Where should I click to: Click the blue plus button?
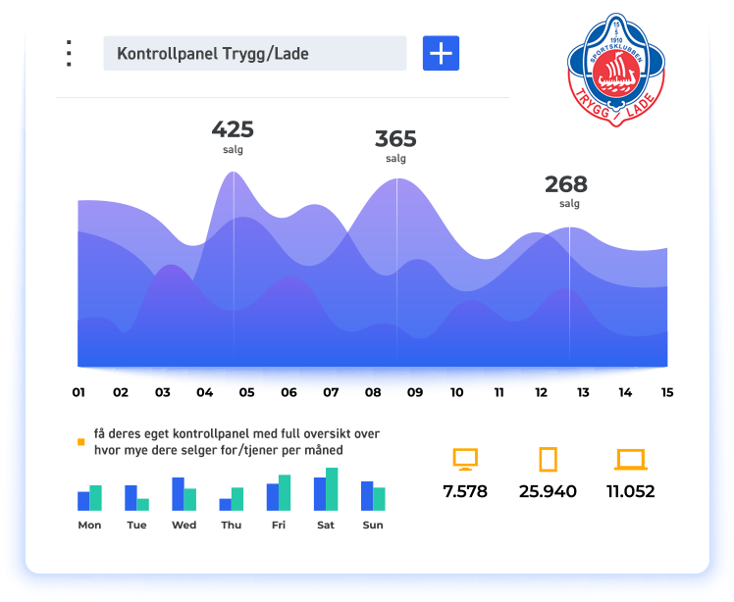click(441, 53)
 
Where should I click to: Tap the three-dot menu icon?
click(69, 53)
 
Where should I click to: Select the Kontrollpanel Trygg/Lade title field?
click(254, 53)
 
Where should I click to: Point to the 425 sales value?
click(233, 129)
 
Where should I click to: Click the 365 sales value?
click(395, 138)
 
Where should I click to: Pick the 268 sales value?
click(566, 183)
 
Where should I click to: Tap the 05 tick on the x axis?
click(246, 393)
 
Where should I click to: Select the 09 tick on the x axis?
click(415, 393)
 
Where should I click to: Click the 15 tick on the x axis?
click(667, 393)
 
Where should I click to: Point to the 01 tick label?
click(79, 393)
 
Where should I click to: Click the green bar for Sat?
click(332, 489)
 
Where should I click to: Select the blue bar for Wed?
click(178, 494)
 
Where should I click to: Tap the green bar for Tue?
click(143, 504)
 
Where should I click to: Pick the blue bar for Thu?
click(225, 504)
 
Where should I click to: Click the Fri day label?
click(279, 526)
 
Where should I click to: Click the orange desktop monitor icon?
click(465, 459)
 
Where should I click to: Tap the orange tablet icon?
click(548, 459)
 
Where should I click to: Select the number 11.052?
click(630, 491)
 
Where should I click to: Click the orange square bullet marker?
click(81, 442)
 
